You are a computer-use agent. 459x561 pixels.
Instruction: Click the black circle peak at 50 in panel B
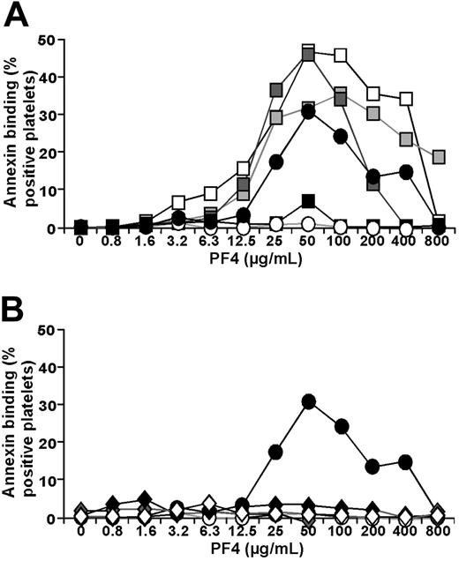point(309,401)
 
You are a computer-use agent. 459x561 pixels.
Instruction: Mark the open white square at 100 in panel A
point(341,56)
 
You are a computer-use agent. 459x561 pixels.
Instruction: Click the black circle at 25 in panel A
point(275,161)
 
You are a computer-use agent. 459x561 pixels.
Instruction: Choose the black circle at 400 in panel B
point(406,461)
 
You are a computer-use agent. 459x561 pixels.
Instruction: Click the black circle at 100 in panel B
point(341,426)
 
